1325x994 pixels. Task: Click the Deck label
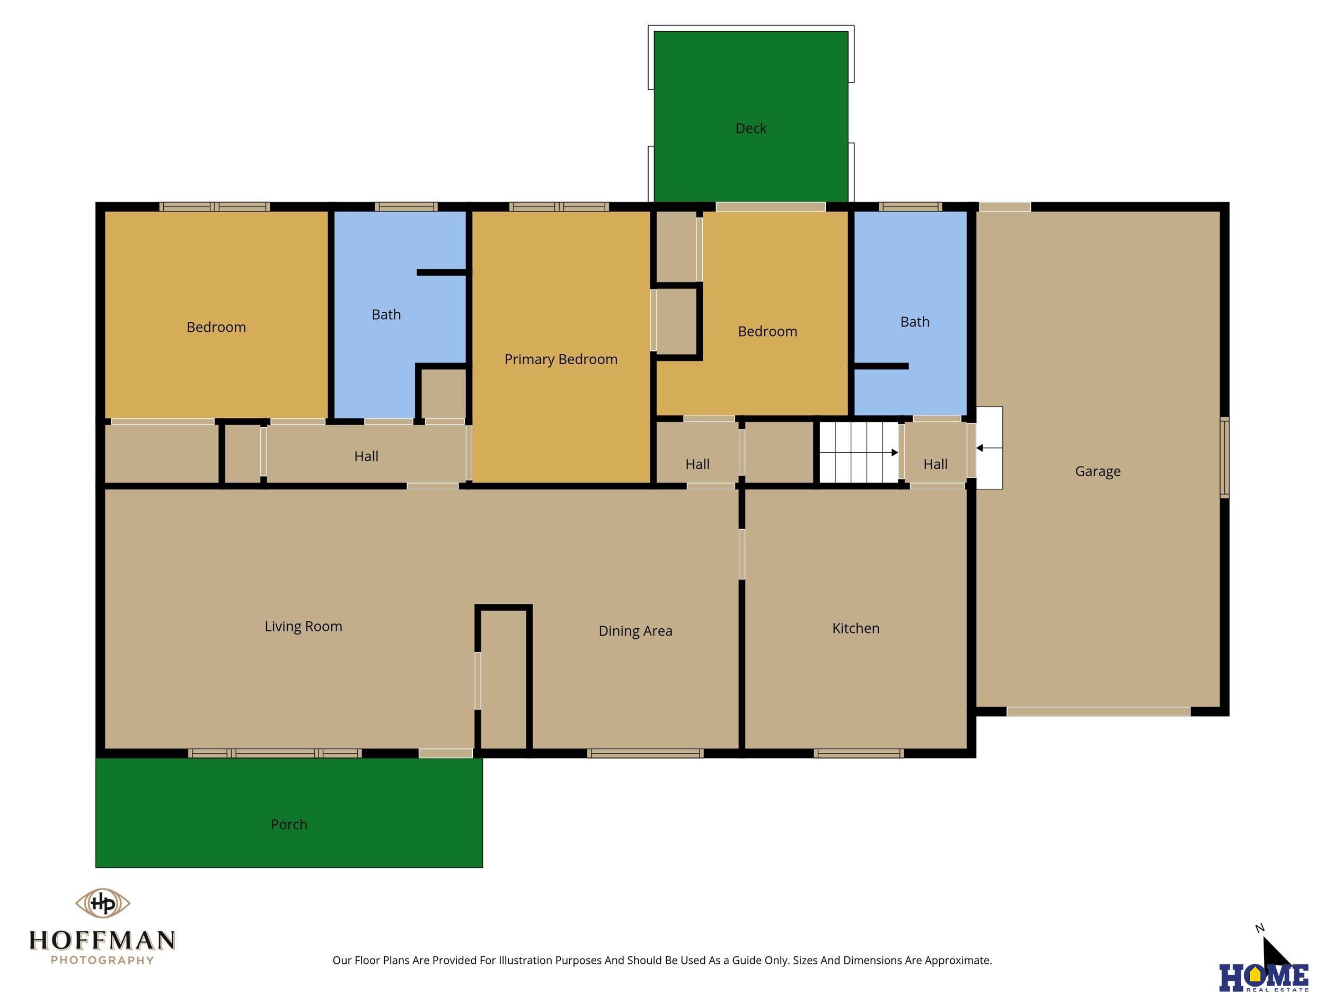click(x=750, y=128)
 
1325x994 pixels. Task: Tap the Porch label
click(x=289, y=824)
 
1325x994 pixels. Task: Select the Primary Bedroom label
click(x=561, y=359)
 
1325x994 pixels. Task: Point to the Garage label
click(x=1098, y=471)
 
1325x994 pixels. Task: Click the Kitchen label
click(x=855, y=629)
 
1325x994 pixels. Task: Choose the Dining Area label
click(x=635, y=631)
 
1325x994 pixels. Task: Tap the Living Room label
click(x=303, y=627)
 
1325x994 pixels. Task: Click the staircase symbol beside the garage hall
click(x=859, y=452)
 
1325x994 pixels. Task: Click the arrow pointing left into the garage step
click(x=989, y=447)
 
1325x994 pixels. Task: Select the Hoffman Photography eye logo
click(x=102, y=903)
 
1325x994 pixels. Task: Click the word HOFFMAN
click(x=102, y=940)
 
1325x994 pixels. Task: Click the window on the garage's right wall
click(x=1224, y=458)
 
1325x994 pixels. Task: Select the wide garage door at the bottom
click(x=1098, y=711)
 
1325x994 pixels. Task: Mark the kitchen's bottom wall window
click(x=859, y=753)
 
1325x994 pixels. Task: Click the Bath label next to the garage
click(x=915, y=322)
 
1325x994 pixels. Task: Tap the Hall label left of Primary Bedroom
click(x=366, y=456)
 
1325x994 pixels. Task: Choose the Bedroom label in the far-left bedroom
click(x=216, y=327)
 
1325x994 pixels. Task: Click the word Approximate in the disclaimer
click(x=958, y=961)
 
